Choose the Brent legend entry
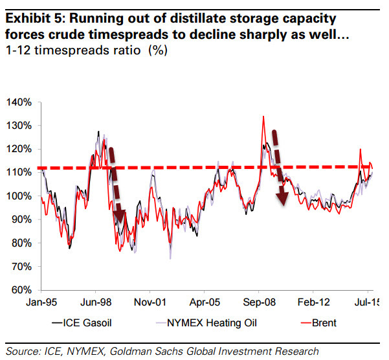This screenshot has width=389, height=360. [320, 322]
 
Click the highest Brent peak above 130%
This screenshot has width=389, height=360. [263, 117]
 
